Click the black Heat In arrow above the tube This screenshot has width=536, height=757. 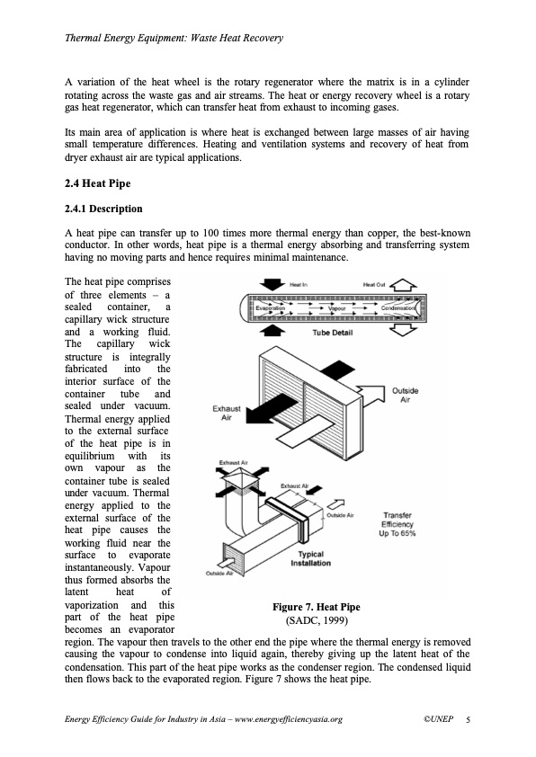272,284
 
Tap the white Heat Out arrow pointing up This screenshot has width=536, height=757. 403,285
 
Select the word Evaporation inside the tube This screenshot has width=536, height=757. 271,308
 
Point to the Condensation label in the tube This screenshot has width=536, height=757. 398,308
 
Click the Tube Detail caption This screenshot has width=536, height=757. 332,333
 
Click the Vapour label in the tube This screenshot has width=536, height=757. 336,308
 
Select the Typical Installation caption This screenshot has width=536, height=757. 310,558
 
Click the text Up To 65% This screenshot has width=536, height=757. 397,533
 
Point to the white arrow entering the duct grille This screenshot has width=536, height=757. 226,563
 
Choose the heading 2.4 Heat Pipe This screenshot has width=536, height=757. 97,183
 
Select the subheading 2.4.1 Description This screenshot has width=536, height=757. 103,209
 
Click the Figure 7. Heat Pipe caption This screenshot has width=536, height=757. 317,608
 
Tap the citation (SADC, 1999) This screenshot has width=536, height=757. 317,620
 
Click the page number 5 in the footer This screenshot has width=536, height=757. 468,719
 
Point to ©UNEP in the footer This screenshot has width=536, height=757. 439,719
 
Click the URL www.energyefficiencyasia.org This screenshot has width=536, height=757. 289,719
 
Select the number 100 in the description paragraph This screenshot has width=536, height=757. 211,233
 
